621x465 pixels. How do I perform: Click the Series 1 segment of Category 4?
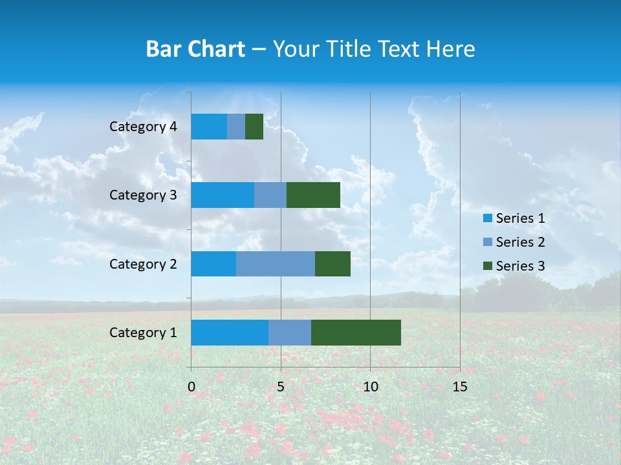point(209,127)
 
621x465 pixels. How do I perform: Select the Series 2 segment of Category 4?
point(236,127)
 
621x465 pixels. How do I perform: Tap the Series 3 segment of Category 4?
point(254,127)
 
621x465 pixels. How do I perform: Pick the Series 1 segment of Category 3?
point(223,195)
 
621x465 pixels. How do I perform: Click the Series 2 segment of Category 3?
point(270,195)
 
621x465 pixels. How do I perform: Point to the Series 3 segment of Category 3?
point(313,195)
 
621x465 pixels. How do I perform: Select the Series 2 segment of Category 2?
point(276,263)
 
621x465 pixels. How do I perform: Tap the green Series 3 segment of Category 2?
point(332,263)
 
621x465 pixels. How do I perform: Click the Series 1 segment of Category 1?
point(230,333)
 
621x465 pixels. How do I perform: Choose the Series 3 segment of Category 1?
point(356,333)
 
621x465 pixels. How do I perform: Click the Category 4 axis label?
point(143,127)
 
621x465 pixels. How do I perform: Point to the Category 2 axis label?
point(143,263)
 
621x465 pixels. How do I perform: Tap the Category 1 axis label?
point(143,333)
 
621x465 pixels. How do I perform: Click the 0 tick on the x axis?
point(191,387)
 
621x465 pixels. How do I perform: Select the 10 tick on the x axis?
point(370,387)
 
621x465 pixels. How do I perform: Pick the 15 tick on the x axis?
point(459,387)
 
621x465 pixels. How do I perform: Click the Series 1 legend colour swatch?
point(487,218)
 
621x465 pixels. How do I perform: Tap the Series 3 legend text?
point(520,266)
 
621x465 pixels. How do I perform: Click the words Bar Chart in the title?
point(195,49)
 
